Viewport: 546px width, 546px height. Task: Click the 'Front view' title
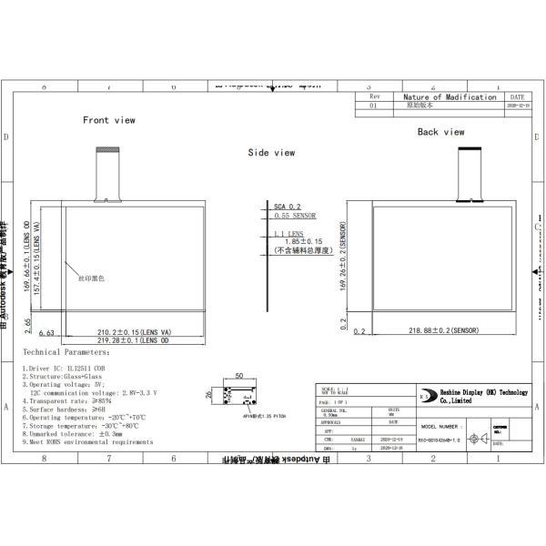(x=108, y=120)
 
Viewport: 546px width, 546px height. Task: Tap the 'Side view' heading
(x=271, y=153)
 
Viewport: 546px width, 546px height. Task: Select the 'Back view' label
(x=440, y=132)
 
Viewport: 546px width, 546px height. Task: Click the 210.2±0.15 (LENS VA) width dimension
(x=134, y=332)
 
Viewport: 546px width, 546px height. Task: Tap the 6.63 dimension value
(x=47, y=333)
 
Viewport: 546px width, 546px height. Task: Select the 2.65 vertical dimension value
(x=28, y=325)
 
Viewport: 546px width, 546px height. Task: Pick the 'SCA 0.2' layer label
(x=288, y=207)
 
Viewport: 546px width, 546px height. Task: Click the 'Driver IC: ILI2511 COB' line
(x=66, y=368)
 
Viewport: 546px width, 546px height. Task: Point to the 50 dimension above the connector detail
(x=238, y=375)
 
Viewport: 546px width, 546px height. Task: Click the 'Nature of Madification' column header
(x=449, y=96)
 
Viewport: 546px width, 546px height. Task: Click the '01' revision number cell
(x=372, y=106)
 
